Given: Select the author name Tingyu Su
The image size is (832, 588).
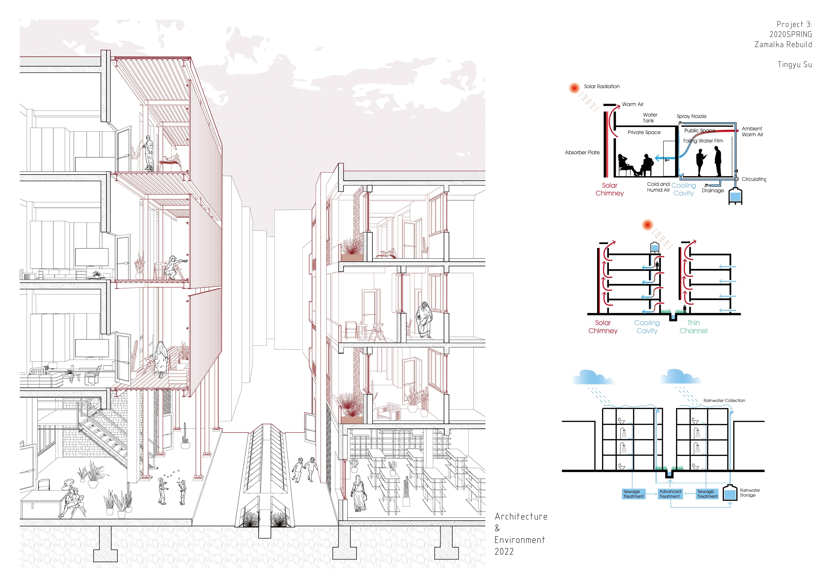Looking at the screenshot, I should (795, 65).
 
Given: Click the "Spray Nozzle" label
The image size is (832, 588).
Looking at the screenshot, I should (691, 116).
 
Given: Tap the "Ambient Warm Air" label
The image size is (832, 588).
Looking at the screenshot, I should (752, 131).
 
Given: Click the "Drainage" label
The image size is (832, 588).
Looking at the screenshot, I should (712, 191).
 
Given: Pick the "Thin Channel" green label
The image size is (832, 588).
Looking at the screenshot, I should (693, 327).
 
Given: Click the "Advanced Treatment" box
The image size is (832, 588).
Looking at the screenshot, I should (670, 494).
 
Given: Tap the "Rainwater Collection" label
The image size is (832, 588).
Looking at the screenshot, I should (724, 400).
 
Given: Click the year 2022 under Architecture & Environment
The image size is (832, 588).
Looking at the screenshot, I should (504, 551).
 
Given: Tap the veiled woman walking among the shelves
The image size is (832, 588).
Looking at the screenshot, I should (359, 492).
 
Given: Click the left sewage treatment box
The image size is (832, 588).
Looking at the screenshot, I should (633, 494).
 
